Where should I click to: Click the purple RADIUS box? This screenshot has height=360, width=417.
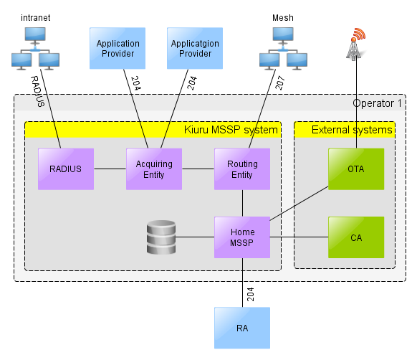[66, 169]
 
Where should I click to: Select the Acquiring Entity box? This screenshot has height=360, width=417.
[154, 169]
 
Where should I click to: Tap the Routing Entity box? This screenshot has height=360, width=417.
[242, 169]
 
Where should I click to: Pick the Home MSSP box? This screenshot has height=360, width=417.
[242, 237]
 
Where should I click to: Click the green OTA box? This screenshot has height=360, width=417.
[356, 169]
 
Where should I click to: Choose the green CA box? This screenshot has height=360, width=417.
[356, 237]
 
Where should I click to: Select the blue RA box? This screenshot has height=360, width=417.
[242, 328]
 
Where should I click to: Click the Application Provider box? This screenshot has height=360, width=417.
[118, 48]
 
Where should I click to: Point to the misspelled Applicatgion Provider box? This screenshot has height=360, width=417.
[195, 48]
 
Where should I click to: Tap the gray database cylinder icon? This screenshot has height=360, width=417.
[161, 237]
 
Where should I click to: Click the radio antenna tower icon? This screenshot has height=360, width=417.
[356, 44]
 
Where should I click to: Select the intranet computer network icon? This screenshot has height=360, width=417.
[35, 49]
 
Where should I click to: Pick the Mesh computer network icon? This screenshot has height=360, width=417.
[283, 49]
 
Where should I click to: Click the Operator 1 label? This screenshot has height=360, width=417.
[377, 103]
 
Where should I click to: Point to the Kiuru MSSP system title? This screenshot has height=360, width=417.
[231, 130]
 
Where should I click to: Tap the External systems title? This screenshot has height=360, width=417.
[352, 130]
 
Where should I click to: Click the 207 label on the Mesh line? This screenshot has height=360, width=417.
[280, 82]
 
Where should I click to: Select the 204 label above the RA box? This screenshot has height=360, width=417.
[251, 294]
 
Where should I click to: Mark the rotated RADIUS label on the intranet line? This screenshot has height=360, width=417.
[38, 91]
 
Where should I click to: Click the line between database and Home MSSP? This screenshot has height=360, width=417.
[195, 237]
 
